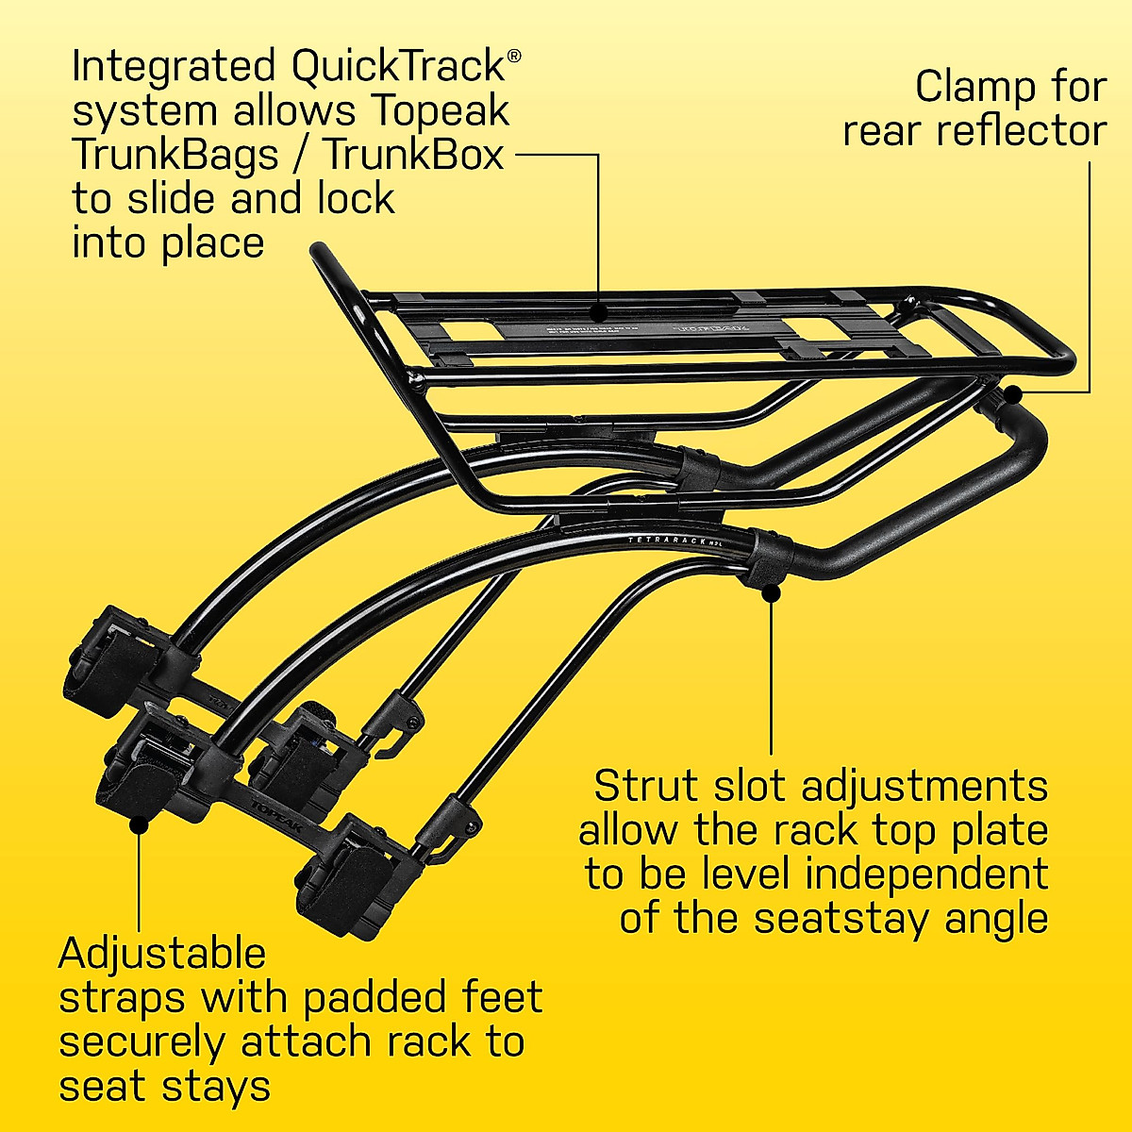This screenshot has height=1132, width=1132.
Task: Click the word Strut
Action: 647,787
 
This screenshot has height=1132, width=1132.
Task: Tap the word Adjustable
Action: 162,956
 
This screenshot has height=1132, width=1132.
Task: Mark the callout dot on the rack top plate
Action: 598,308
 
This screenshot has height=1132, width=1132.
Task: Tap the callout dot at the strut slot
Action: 772,593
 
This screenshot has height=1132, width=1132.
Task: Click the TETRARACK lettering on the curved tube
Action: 666,540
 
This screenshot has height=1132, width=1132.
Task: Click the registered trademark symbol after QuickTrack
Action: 513,56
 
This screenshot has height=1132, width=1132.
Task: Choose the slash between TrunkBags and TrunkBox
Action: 299,155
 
